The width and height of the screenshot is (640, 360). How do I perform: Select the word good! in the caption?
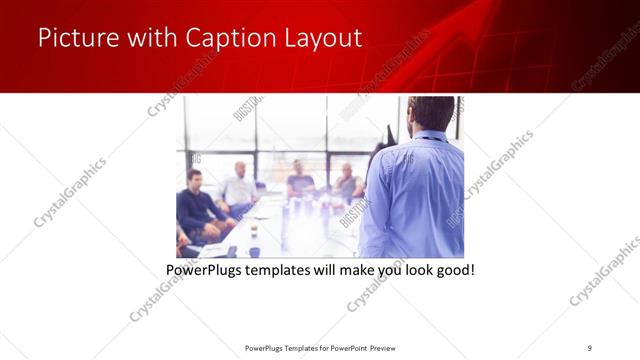click(x=450, y=270)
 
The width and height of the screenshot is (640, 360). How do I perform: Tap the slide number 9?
click(x=589, y=347)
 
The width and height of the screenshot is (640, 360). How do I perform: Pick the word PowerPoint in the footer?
click(x=346, y=347)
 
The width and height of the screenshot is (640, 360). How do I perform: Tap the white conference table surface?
click(x=300, y=225)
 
